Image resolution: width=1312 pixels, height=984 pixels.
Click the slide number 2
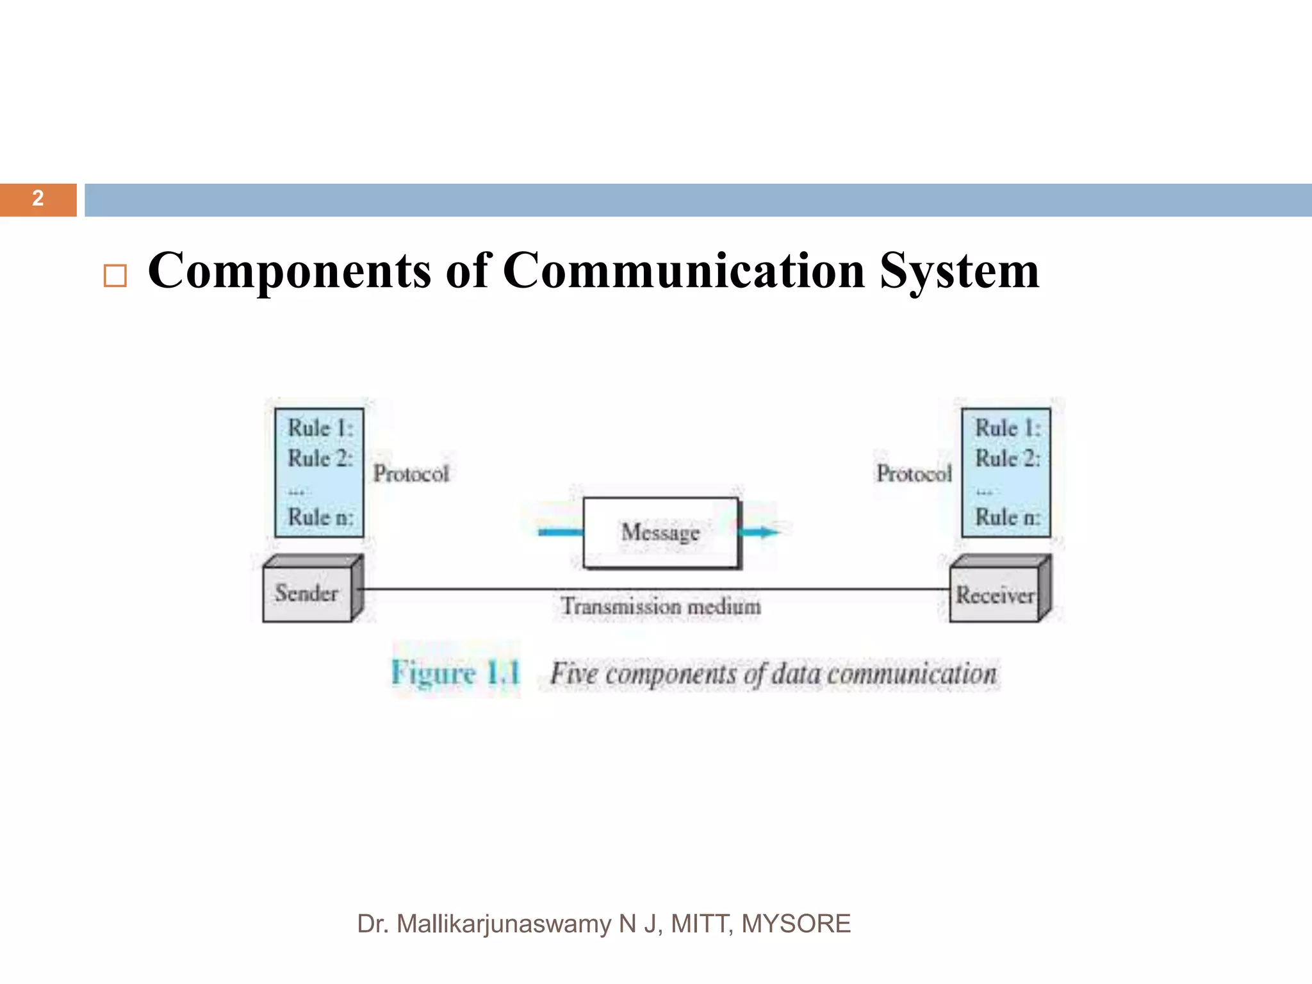[x=38, y=199]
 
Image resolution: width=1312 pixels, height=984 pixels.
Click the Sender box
[x=307, y=593]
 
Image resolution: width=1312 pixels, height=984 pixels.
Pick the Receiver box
[x=995, y=595]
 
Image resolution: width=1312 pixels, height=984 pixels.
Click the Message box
[x=660, y=532]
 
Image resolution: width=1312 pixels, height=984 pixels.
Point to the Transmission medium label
[x=661, y=606]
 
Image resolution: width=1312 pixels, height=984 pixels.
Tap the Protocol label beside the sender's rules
[x=411, y=474]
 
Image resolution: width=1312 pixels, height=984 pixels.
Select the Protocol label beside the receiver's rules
[x=914, y=474]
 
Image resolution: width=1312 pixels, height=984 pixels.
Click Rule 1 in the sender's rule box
[x=320, y=428]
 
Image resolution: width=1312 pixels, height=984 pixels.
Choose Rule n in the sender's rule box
[x=320, y=516]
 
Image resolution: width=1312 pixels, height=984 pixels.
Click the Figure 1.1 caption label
[x=455, y=673]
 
